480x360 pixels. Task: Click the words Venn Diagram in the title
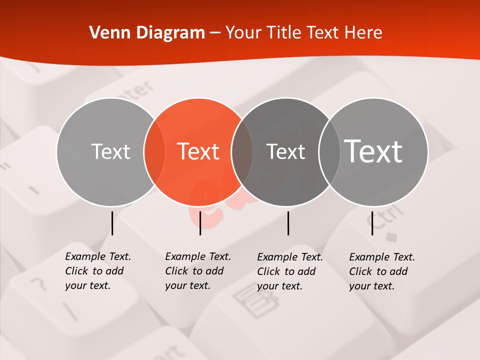coord(147,33)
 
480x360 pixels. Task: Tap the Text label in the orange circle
coord(198,151)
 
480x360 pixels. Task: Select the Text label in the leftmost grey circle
coord(110,151)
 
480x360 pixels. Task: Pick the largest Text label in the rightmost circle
coord(373,151)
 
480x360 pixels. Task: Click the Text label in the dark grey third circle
coord(285,151)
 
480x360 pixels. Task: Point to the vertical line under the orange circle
coord(200,223)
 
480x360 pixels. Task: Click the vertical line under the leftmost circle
coord(112,223)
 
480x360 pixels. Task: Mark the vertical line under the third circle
coord(288,223)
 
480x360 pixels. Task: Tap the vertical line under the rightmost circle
coord(372,223)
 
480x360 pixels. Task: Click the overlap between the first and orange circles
coord(154,152)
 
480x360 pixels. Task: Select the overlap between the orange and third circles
coord(242,152)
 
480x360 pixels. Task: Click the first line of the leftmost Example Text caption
coord(98,256)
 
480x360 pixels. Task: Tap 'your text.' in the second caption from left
coord(187,285)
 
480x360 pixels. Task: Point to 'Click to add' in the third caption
coord(286,271)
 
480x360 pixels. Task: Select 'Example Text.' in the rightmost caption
coord(382,257)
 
